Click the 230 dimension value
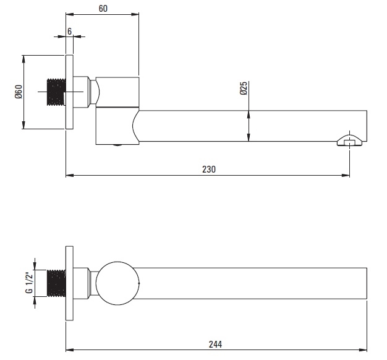click(209, 169)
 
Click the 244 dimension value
click(215, 344)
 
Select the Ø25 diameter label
click(244, 88)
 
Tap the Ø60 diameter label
click(19, 92)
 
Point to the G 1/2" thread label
click(29, 283)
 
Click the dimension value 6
click(69, 32)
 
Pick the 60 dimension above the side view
click(103, 9)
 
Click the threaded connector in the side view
click(56, 92)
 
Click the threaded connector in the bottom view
click(56, 283)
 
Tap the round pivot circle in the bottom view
click(117, 283)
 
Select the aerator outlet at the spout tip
click(350, 140)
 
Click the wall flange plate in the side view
click(69, 92)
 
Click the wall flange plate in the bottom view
click(69, 283)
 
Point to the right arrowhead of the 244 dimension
click(364, 350)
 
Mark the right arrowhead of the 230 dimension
click(346, 175)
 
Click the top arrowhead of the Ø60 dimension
click(23, 59)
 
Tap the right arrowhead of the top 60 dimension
click(135, 14)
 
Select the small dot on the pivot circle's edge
click(139, 283)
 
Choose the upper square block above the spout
click(117, 92)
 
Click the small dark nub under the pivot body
click(117, 145)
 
